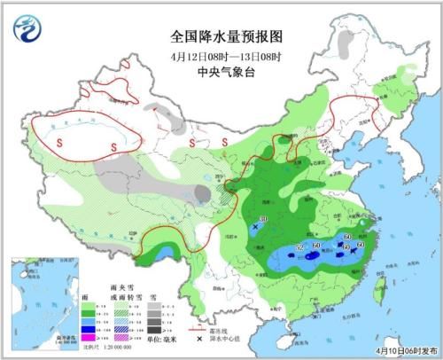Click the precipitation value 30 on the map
tap(263, 220)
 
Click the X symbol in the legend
tap(189, 340)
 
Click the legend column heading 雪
tap(152, 295)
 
